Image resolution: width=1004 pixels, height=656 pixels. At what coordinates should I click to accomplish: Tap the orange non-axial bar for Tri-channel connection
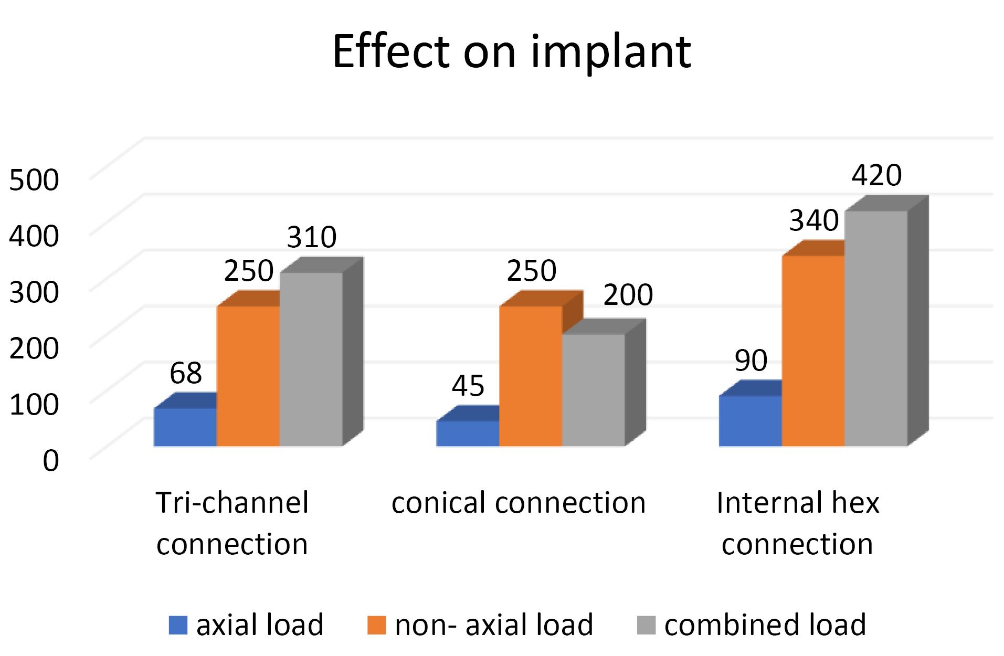(x=248, y=376)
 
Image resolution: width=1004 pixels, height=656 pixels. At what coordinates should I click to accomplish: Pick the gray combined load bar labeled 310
(x=311, y=359)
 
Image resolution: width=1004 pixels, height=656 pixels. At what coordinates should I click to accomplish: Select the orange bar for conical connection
(x=530, y=376)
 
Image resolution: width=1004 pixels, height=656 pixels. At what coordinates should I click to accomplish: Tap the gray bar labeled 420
(x=875, y=328)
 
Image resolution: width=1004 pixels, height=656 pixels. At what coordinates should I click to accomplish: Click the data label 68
(x=186, y=373)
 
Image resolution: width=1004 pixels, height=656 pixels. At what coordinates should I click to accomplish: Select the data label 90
(x=751, y=360)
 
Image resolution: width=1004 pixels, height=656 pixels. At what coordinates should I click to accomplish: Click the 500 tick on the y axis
(x=34, y=179)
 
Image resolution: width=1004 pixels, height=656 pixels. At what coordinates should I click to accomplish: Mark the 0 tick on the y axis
(x=50, y=460)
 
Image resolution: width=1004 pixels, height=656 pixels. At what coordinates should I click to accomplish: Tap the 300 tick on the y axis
(x=34, y=292)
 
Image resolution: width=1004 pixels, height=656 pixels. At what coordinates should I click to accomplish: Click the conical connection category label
(x=519, y=503)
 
